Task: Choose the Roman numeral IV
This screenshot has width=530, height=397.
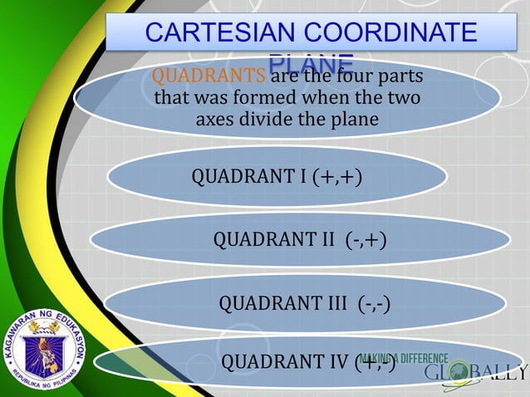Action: (335, 362)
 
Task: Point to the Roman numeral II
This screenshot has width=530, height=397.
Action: (324, 240)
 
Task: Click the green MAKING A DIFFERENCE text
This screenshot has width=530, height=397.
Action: (405, 358)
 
